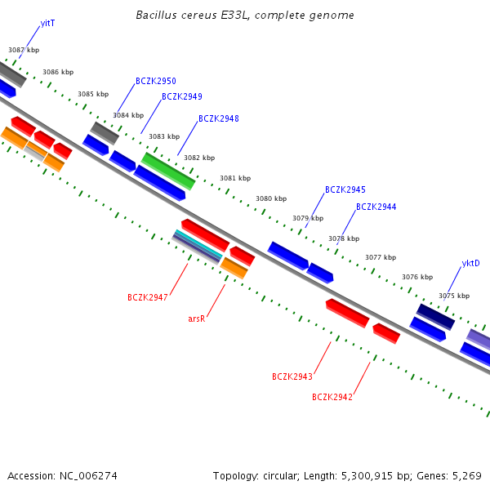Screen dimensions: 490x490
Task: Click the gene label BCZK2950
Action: tap(156, 82)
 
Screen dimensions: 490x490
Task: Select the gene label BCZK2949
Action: tap(182, 97)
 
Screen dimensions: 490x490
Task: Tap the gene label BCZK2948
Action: tap(219, 119)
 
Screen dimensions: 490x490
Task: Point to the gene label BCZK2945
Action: tap(345, 190)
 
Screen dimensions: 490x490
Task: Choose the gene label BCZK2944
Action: tap(376, 207)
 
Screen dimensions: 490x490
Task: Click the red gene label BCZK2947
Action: tap(148, 298)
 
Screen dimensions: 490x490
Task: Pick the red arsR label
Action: tap(196, 319)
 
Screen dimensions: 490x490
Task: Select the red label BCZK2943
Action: tap(292, 377)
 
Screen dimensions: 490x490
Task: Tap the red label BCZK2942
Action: tap(332, 398)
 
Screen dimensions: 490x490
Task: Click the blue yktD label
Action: tap(471, 264)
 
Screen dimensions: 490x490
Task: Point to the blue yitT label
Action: tap(48, 24)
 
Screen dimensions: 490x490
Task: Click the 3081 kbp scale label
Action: tap(235, 178)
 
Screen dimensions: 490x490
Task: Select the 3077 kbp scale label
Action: tap(381, 257)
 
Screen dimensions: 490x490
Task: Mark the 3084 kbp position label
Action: tap(128, 116)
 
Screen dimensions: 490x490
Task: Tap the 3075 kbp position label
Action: tap(454, 296)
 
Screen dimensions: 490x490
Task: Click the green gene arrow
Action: tap(168, 171)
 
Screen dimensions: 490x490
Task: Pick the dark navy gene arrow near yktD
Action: tap(435, 317)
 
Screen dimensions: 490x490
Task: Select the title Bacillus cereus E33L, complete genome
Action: tap(245, 16)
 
